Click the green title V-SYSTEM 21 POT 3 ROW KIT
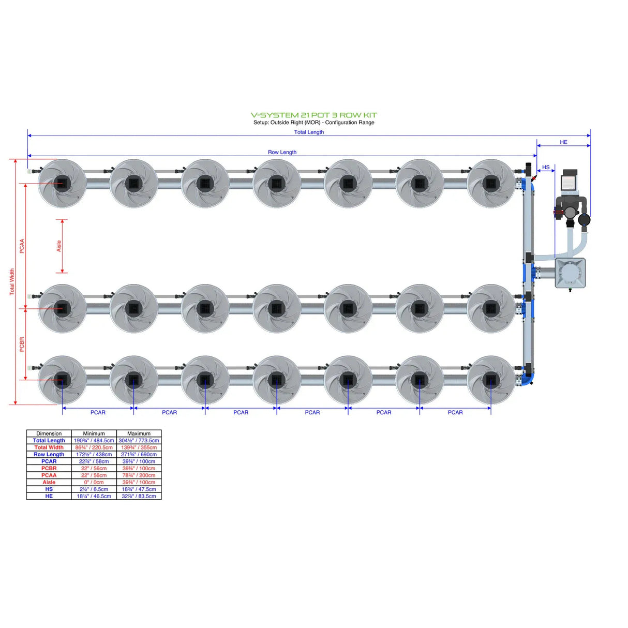tap(313, 115)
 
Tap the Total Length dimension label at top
tap(309, 132)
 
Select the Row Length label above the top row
tap(282, 152)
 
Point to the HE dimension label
tap(563, 142)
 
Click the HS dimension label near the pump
tap(546, 167)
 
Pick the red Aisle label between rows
tap(59, 246)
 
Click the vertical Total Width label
tap(12, 282)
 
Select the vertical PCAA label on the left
tap(22, 246)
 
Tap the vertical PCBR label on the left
tap(22, 345)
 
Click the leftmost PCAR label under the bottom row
tap(98, 412)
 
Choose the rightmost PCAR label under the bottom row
tap(455, 412)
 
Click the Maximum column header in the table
tap(139, 433)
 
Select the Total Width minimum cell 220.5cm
tap(94, 447)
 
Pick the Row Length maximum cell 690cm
tap(139, 454)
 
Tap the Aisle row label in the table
tap(49, 482)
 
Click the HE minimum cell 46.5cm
tap(94, 496)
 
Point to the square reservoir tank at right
tap(570, 273)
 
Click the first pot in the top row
tap(62, 183)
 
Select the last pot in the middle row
tap(490, 308)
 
